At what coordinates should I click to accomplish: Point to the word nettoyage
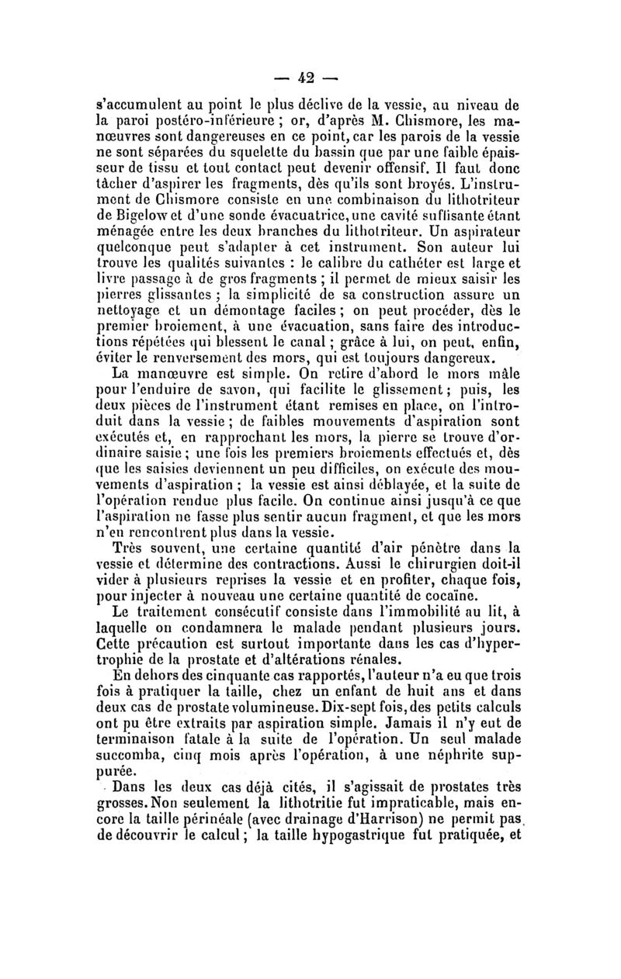pyautogui.click(x=131, y=313)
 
